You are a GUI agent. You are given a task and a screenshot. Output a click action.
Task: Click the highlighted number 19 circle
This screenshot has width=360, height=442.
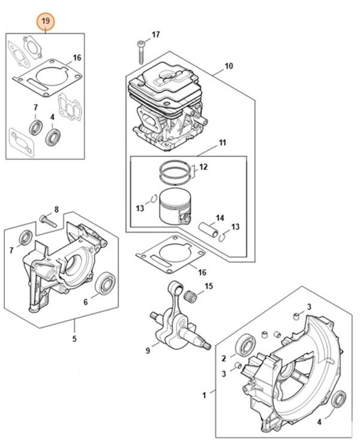46,22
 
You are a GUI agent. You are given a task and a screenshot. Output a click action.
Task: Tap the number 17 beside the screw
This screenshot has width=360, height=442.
156,35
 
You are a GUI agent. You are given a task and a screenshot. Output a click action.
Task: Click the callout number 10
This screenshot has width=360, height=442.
229,66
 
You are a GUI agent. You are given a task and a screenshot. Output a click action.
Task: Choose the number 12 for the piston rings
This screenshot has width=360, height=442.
203,167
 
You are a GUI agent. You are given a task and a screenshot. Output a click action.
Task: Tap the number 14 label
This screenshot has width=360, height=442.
220,217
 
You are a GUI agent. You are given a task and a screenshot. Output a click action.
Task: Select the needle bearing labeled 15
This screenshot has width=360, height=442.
193,293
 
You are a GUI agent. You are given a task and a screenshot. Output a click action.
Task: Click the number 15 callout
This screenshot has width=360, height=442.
209,287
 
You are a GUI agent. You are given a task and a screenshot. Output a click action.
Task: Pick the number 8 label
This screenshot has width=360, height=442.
56,209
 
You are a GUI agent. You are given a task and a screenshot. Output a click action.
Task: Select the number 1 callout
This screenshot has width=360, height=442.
205,395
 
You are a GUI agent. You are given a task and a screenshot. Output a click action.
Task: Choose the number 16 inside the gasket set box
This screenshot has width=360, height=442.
77,58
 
